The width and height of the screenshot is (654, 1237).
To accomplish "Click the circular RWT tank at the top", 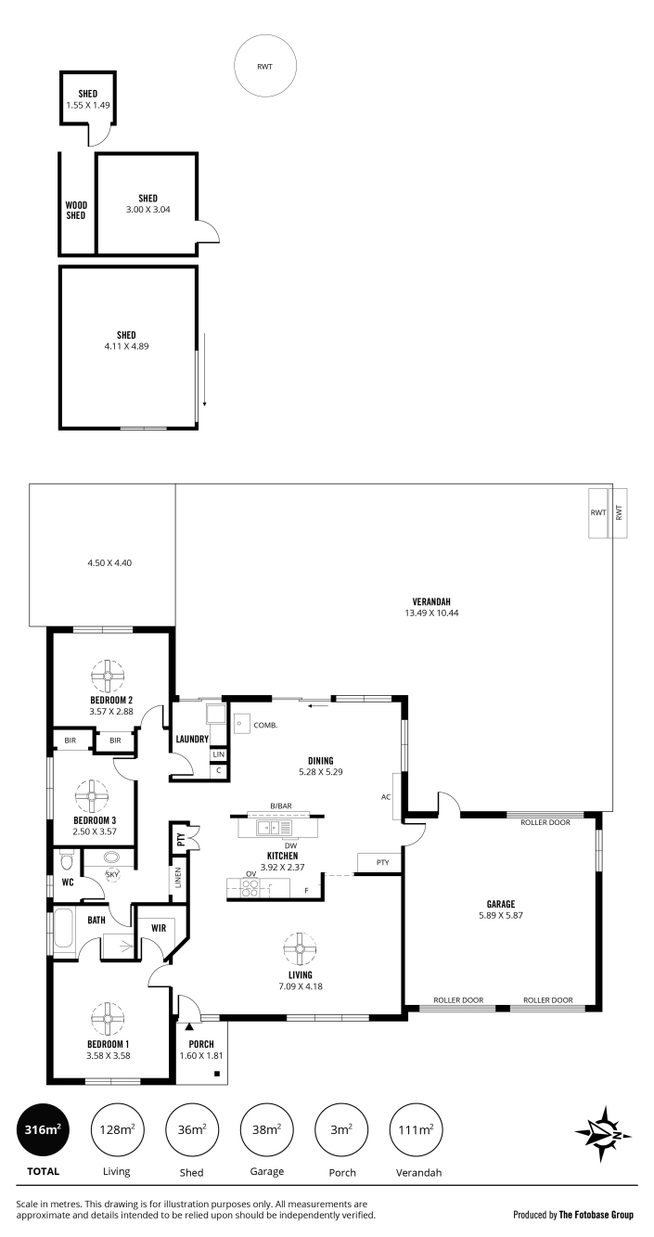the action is tap(265, 66).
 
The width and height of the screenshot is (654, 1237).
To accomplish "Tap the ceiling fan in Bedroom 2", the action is tap(109, 676).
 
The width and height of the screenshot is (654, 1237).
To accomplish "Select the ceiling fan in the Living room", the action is tap(300, 948).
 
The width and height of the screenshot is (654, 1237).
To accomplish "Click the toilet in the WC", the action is tap(66, 860).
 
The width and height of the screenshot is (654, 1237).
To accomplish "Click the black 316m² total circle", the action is tap(43, 1129).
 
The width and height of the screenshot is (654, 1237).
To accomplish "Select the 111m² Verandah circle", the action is tap(417, 1129).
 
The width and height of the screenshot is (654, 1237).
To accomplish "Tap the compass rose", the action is tap(605, 1134).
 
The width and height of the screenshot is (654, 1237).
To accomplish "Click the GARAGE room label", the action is tap(501, 904).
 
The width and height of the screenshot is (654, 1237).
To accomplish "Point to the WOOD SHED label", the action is tap(76, 211).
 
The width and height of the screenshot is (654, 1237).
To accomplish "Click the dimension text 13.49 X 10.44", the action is tap(431, 612).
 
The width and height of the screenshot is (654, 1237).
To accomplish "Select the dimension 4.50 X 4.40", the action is tap(109, 562).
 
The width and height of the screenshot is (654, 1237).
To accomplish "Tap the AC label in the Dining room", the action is tap(386, 797).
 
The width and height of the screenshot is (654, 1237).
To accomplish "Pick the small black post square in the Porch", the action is tap(217, 1074).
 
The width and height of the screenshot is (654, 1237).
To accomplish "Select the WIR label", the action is tap(159, 928).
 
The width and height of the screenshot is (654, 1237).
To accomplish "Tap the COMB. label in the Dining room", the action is tap(265, 725).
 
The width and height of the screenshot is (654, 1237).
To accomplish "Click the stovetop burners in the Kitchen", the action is tap(250, 887).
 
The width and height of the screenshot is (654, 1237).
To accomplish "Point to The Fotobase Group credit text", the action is tap(596, 1215).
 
